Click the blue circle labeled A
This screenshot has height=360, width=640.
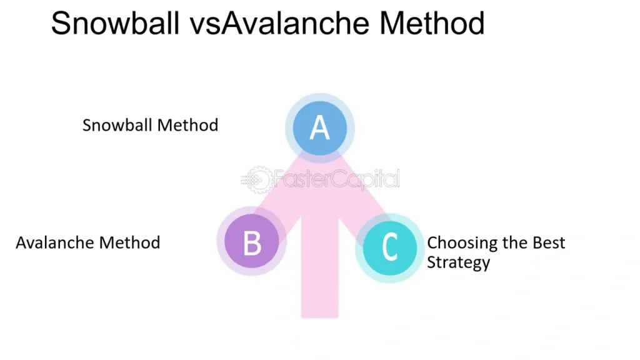pos(319,128)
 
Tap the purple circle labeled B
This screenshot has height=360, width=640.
pos(251,241)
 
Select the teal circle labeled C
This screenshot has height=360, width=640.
pos(390,248)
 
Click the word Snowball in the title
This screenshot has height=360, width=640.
pos(115,23)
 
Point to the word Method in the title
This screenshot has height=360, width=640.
pos(432,23)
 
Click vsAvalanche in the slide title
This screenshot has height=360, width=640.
pos(279,23)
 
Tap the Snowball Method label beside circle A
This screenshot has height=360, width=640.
pos(150,125)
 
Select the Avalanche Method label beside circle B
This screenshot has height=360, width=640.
pos(87,242)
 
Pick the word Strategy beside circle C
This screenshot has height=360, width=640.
pos(458,262)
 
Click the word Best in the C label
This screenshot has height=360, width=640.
pos(549,242)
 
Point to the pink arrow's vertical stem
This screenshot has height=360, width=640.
pos(319,267)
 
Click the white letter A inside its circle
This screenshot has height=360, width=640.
pos(319,127)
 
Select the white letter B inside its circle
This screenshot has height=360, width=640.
pos(252,243)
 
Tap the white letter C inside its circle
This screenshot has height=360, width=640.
pos(390,246)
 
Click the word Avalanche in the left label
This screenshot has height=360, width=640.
pos(55,242)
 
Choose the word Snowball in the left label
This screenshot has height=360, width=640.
pos(117,125)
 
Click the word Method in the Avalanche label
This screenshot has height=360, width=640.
pos(130,242)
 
